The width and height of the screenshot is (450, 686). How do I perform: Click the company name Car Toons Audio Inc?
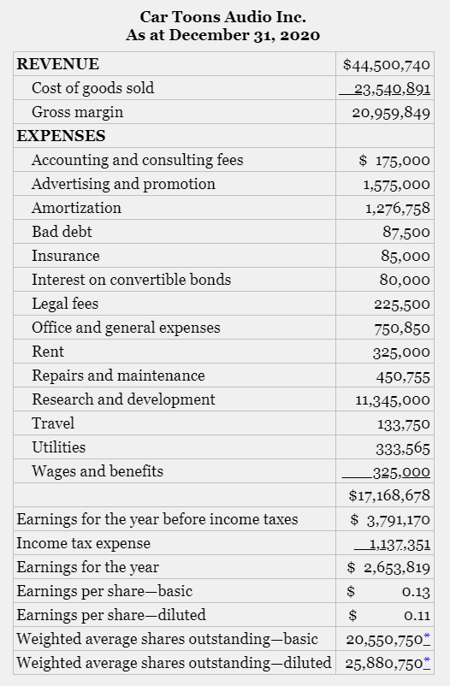click(x=223, y=16)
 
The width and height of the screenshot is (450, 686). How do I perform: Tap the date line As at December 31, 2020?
click(x=223, y=35)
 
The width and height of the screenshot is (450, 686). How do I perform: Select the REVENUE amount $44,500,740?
click(x=386, y=64)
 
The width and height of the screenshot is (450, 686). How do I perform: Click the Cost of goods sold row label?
click(x=92, y=88)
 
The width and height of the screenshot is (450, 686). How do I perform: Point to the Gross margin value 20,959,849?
click(x=391, y=112)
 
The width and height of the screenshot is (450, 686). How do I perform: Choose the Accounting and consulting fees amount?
click(x=394, y=160)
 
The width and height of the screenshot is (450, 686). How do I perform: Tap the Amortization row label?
click(x=76, y=208)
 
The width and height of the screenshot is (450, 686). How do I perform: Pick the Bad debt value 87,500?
click(x=406, y=232)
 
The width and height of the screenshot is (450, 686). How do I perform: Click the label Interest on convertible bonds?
click(x=131, y=280)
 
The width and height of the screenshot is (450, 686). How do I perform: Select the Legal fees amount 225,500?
click(x=402, y=304)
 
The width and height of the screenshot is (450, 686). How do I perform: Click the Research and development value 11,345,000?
click(x=393, y=399)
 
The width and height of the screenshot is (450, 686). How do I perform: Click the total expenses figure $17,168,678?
click(x=389, y=495)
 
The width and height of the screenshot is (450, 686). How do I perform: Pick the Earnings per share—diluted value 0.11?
click(x=416, y=615)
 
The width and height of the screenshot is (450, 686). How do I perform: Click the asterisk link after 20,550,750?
click(x=427, y=638)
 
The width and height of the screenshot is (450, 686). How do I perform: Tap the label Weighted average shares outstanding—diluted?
click(x=174, y=662)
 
